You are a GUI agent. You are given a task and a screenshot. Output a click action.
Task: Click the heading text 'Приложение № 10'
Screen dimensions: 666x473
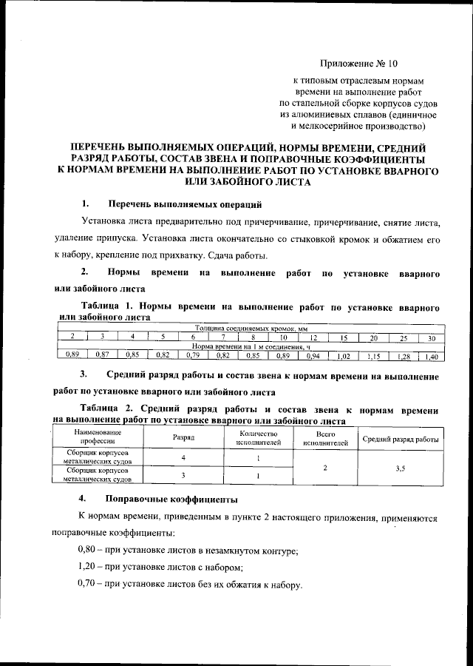pos(358,64)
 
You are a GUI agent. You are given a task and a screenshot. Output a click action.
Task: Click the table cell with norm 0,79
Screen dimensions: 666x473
pos(192,355)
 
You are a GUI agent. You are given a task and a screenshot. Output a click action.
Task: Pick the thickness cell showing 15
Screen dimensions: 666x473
pos(344,337)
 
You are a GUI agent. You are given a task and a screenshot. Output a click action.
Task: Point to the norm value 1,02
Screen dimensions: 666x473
pos(344,356)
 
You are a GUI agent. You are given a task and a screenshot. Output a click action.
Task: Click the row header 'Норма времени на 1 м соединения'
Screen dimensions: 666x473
pos(251,346)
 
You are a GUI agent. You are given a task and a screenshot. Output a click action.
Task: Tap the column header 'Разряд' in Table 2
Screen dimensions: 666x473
pos(183,438)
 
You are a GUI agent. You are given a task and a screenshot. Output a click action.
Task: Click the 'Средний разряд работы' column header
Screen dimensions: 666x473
pos(401,439)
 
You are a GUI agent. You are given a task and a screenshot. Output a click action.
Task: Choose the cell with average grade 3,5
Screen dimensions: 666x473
pos(401,468)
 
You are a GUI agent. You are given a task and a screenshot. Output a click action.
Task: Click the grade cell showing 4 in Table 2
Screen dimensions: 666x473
pos(183,457)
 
